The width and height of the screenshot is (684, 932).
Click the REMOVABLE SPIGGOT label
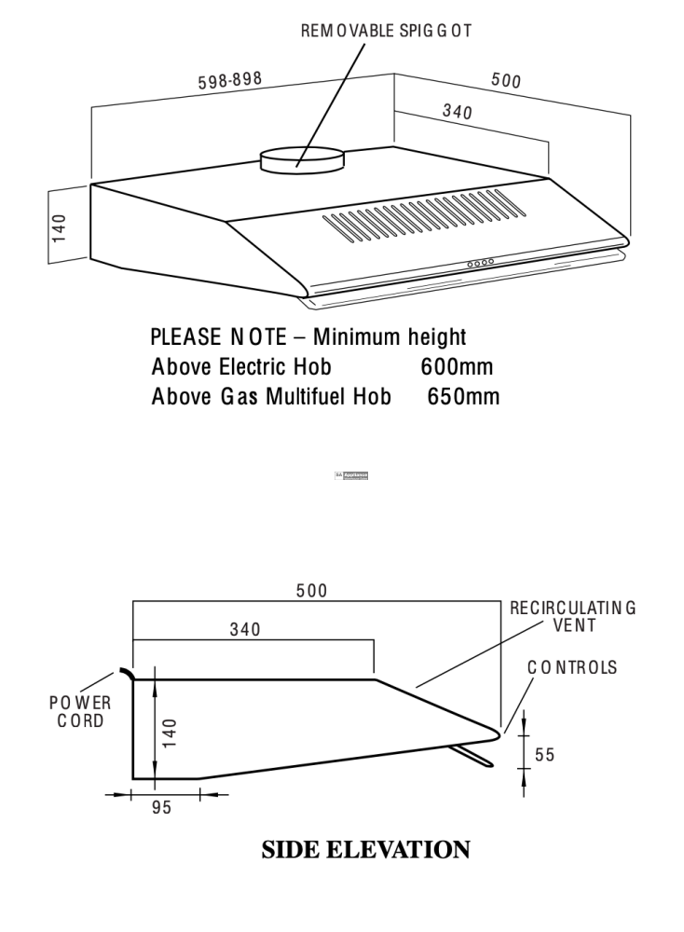click(386, 31)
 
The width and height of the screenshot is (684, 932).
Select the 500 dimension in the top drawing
click(506, 81)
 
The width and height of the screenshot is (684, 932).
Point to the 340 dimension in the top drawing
click(456, 113)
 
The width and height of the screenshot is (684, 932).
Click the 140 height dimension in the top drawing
click(60, 227)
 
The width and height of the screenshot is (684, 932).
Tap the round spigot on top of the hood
click(300, 160)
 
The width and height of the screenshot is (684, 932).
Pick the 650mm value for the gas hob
click(463, 397)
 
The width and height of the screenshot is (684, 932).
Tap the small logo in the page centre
click(352, 475)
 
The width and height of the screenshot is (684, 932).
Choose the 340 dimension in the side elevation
click(245, 629)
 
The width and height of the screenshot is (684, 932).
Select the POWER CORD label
click(80, 712)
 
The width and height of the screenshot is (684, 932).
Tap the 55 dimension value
click(544, 755)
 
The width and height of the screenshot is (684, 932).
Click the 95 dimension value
click(162, 808)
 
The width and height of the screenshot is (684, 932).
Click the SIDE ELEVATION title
click(365, 850)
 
